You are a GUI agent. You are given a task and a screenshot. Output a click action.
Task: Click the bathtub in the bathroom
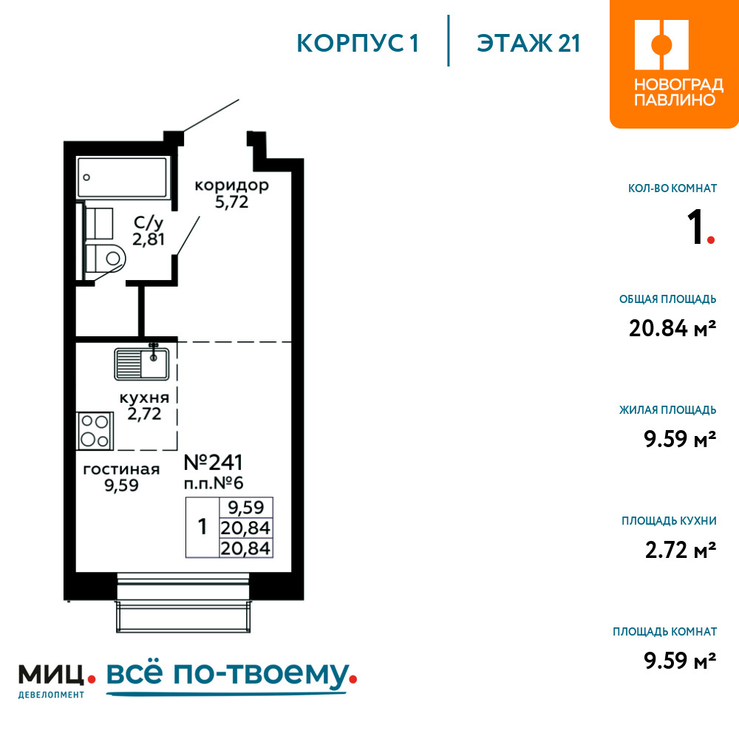pyautogui.click(x=122, y=177)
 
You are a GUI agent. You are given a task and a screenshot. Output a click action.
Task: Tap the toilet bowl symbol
pyautogui.click(x=106, y=258)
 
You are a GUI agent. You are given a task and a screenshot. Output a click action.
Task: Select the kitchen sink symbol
pyautogui.click(x=142, y=364)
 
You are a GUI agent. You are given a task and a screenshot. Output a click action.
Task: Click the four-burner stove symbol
pyautogui.click(x=95, y=431)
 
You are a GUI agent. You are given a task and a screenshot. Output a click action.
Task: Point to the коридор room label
pyautogui.click(x=231, y=185)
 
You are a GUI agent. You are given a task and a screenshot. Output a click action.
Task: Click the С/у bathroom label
pyautogui.click(x=149, y=222)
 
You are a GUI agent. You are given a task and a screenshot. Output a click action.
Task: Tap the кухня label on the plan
pyautogui.click(x=144, y=398)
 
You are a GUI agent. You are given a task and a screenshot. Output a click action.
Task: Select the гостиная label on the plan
pyautogui.click(x=121, y=469)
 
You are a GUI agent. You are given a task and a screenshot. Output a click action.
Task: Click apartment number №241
pyautogui.click(x=213, y=463)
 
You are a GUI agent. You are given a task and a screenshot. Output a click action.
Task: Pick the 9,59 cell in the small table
pyautogui.click(x=245, y=508)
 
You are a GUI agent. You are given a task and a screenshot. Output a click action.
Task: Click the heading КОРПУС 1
pyautogui.click(x=358, y=44)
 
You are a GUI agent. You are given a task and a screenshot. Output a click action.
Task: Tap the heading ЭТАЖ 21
pyautogui.click(x=528, y=44)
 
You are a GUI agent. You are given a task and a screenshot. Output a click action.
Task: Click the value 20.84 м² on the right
pyautogui.click(x=672, y=328)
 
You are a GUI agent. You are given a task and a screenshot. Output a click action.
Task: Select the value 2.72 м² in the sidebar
pyautogui.click(x=680, y=550)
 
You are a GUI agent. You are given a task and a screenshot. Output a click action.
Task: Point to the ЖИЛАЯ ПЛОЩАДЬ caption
pyautogui.click(x=667, y=410)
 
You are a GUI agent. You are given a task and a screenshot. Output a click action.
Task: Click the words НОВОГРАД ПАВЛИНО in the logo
pyautogui.click(x=678, y=92)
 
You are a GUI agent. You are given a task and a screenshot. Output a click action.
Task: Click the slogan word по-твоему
pyautogui.click(x=262, y=675)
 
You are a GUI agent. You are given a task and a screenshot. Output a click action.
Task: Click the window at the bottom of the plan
pyautogui.click(x=183, y=602)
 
